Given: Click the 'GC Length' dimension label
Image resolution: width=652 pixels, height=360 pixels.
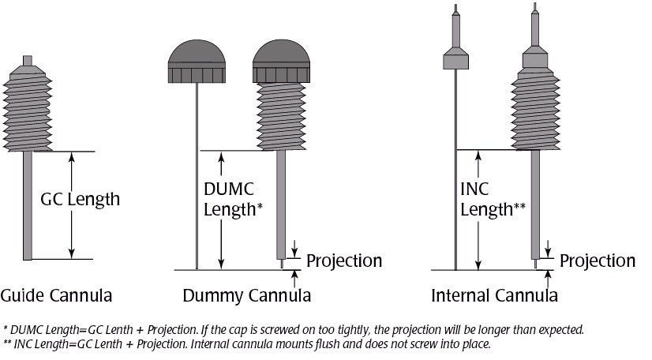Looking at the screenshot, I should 80,199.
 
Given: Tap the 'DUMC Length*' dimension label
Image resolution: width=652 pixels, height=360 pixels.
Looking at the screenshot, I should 232,199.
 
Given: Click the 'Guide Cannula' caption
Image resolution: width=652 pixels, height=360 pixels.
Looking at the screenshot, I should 56,296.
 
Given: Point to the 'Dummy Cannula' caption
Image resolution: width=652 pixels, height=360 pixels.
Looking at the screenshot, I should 246,296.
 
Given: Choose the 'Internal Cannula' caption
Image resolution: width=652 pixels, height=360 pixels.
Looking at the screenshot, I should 494,296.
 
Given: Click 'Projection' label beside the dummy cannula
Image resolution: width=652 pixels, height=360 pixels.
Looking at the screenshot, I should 343,261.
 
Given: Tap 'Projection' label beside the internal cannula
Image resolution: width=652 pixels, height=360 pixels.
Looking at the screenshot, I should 597,261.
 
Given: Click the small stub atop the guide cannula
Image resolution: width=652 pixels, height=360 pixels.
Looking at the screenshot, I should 28,62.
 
